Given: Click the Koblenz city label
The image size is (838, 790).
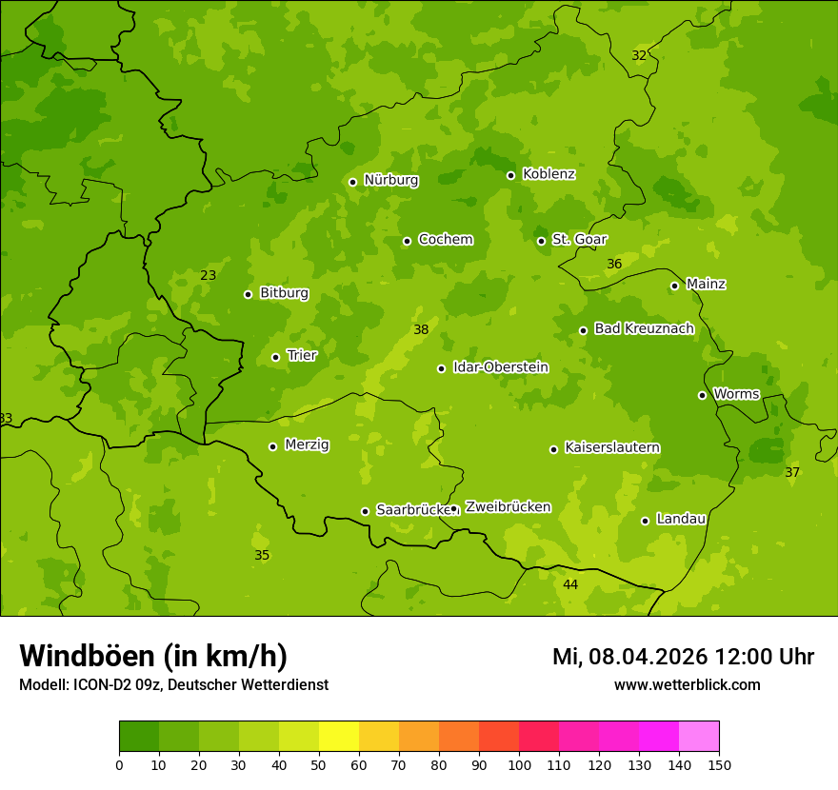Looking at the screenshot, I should (x=549, y=174).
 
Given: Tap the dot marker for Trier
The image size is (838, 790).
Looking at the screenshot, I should (x=276, y=357).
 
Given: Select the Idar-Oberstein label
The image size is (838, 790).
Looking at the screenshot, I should (x=500, y=367).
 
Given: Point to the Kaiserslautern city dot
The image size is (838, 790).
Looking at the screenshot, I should (x=553, y=449).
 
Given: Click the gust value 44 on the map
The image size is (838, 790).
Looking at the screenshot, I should (x=570, y=584).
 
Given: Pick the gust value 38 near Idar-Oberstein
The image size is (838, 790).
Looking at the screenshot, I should (x=421, y=330).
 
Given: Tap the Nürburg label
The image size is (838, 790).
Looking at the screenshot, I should (x=390, y=180).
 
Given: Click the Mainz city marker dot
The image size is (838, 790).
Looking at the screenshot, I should (x=674, y=286).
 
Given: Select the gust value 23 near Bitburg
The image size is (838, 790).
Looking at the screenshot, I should (x=209, y=276).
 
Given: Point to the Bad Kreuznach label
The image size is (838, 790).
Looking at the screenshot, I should (x=644, y=328).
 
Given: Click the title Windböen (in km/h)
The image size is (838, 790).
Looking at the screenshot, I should (x=153, y=656).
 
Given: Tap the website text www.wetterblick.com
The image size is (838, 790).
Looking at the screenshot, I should (x=687, y=684).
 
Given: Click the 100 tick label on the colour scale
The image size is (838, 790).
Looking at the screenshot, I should (x=519, y=764).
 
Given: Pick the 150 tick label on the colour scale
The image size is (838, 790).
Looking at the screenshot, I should (x=719, y=764).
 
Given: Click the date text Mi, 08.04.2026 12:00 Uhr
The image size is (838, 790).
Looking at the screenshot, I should (x=683, y=657).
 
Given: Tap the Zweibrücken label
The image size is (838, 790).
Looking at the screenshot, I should (x=508, y=507).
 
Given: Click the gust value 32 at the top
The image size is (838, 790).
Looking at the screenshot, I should (x=639, y=56).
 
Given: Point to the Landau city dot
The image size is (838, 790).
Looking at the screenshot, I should (x=645, y=521).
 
